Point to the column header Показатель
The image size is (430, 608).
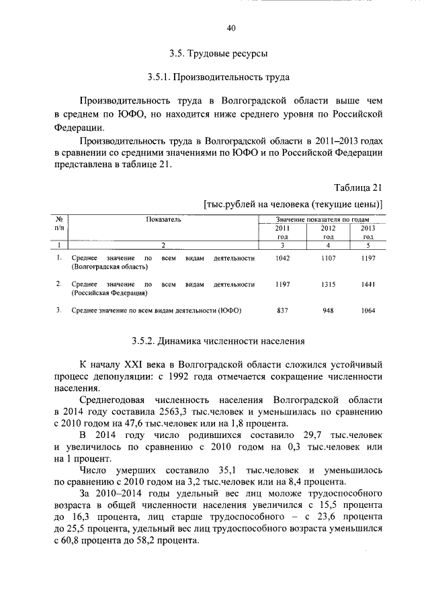pos(163,220)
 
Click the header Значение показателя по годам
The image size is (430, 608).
pos(323,220)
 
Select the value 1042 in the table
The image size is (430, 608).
pos(282,259)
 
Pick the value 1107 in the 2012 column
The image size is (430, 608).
pos(327,259)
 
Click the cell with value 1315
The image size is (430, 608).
pos(327,285)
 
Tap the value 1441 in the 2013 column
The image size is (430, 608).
pos(368,285)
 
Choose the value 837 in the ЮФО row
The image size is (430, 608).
pos(282,311)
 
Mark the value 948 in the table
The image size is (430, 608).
pos(327,311)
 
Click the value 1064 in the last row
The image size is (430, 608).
pos(368,311)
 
